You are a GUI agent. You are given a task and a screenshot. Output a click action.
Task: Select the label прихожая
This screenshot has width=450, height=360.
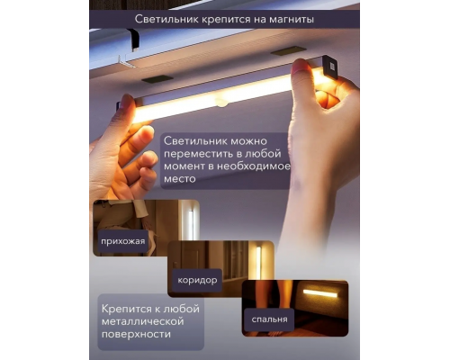(x=122, y=242)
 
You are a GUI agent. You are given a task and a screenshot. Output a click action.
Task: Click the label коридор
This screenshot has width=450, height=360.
(x=198, y=280)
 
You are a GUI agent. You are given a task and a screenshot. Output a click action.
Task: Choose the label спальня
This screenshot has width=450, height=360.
(x=270, y=319)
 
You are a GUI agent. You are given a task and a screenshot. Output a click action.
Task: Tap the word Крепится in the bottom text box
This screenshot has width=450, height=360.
(x=126, y=307)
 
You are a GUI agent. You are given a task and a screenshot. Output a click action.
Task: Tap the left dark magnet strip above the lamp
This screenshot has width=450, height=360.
(x=160, y=79)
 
